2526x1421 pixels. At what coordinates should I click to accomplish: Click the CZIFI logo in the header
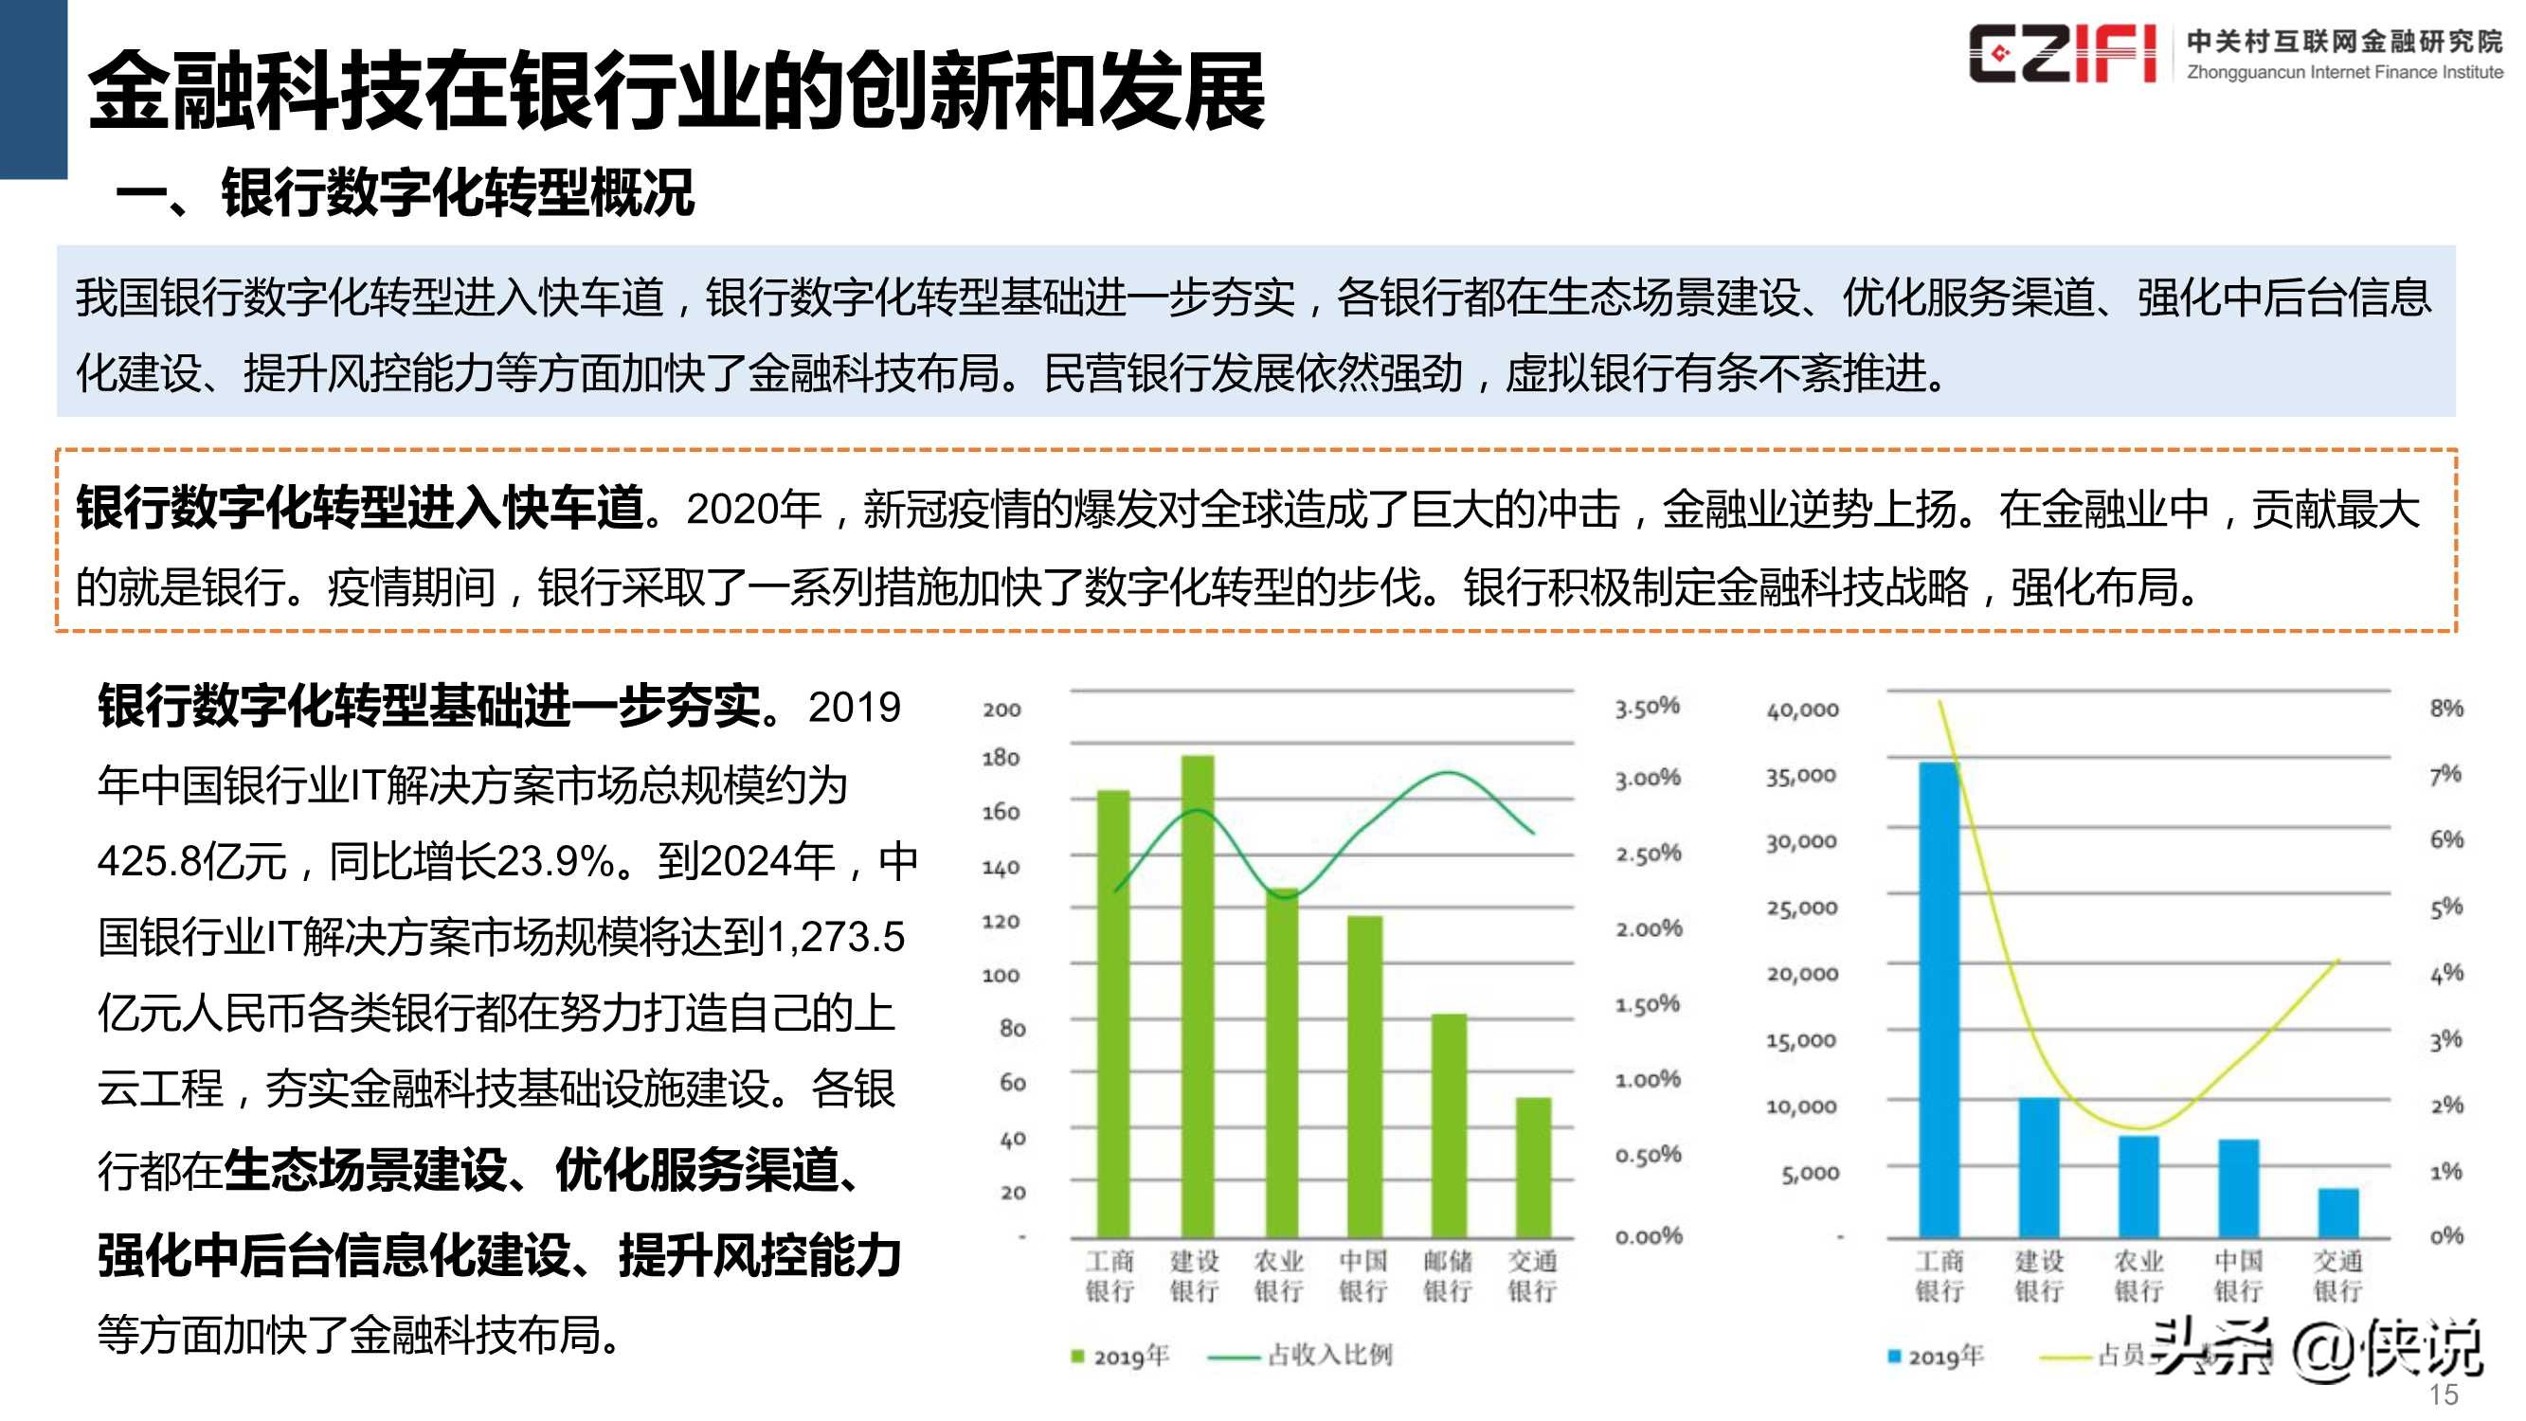coord(2061,54)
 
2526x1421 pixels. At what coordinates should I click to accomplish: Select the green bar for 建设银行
coord(1197,996)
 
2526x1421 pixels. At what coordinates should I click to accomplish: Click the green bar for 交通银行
coord(1533,1167)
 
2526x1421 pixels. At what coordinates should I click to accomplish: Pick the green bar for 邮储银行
coord(1449,1125)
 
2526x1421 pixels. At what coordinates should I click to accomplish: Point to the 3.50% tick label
coord(1648,707)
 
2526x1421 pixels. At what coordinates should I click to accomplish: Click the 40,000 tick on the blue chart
coord(1802,710)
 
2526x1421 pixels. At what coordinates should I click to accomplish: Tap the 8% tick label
coord(2445,708)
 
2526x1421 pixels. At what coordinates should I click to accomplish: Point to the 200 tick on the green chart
coord(1001,710)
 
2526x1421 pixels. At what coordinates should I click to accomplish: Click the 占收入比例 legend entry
coord(1328,1356)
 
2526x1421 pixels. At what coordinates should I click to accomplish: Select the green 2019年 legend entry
coord(1121,1357)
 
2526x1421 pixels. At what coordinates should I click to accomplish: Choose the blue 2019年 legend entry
coord(1936,1357)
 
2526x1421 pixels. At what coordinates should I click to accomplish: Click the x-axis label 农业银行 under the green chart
coord(1279,1275)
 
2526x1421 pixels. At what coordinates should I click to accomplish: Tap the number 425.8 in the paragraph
coord(141,862)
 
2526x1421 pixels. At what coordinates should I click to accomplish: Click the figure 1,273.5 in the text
coord(836,938)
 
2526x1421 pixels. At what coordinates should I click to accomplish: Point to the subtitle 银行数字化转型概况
coord(457,192)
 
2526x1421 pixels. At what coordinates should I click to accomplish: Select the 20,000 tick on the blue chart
coord(1802,975)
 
